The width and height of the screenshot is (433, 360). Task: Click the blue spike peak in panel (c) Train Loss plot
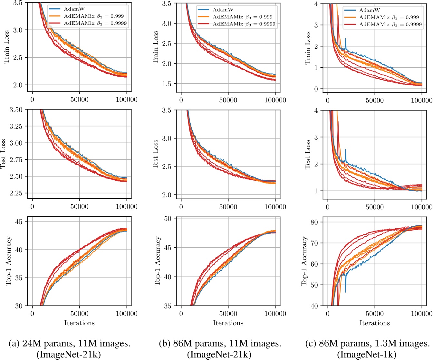click(x=346, y=39)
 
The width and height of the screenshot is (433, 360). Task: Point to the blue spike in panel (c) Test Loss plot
click(x=346, y=150)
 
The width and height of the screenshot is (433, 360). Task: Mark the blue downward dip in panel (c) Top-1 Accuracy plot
click(x=346, y=292)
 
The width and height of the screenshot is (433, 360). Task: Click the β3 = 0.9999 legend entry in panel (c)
click(x=390, y=24)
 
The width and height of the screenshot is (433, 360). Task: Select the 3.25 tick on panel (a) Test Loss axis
click(x=16, y=126)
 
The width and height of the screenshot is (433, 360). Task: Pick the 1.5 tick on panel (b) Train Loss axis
click(x=168, y=84)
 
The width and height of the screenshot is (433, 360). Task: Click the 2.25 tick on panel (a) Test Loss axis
click(x=16, y=193)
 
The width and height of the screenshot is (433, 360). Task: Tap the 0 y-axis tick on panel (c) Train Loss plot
click(x=316, y=89)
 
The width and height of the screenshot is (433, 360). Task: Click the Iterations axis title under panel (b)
click(x=228, y=323)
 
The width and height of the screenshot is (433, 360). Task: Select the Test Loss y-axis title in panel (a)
click(x=4, y=154)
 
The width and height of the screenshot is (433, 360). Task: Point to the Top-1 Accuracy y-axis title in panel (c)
click(x=304, y=261)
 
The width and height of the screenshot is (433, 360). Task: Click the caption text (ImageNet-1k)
click(x=367, y=355)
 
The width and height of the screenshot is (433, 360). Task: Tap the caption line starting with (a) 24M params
click(x=70, y=344)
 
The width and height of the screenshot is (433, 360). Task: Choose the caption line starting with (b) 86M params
click(x=220, y=344)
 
